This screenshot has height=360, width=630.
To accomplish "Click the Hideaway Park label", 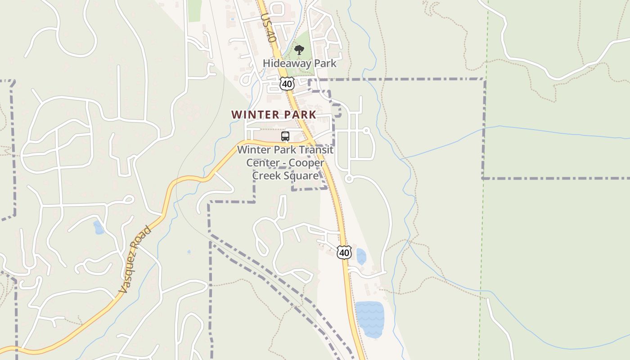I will tap(299, 63).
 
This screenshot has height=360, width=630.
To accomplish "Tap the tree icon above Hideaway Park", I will tap(299, 50).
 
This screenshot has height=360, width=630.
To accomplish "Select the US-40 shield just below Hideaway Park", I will tap(287, 84).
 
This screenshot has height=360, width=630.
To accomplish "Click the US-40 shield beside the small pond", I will tap(344, 252).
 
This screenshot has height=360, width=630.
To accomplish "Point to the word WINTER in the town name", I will tap(255, 115).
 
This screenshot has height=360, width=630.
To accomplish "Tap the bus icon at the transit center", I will tap(285, 136).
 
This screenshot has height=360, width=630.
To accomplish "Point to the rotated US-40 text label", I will tap(268, 28).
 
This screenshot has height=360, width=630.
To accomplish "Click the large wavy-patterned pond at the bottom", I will tap(370, 319).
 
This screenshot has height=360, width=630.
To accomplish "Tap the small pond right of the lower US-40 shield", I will tap(361, 256).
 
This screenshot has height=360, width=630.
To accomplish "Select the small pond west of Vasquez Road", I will tap(98, 228).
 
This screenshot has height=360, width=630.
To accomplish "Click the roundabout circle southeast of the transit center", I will tap(348, 179).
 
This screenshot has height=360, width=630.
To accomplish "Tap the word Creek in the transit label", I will tap(265, 175).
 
